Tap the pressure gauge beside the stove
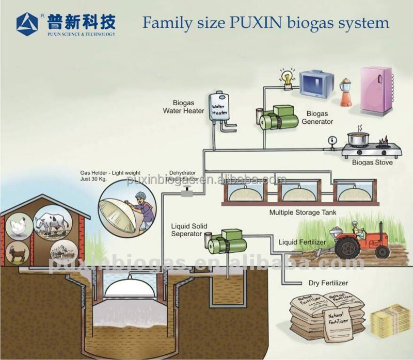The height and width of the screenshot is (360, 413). pos(332,140)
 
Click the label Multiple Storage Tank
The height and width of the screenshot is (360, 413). pos(302,212)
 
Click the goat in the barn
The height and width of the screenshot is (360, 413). pos(19,253)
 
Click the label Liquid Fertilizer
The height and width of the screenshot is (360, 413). pos(302,242)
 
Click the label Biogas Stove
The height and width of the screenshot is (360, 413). pos(372,162)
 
